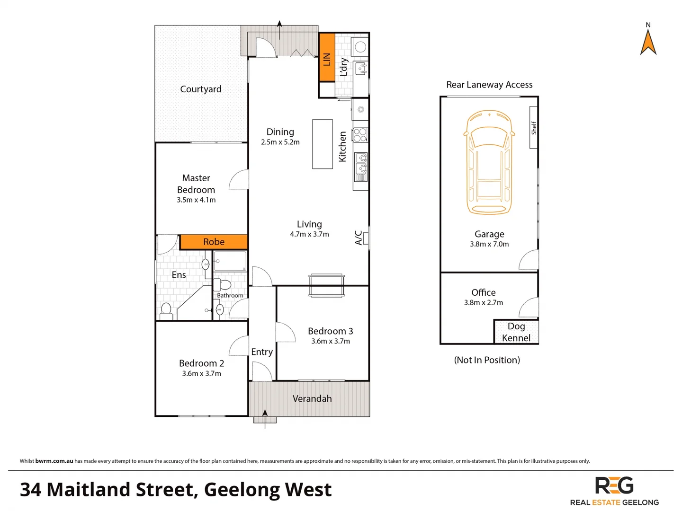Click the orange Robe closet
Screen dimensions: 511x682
pyautogui.click(x=214, y=242)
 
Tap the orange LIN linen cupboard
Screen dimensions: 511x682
pyautogui.click(x=327, y=58)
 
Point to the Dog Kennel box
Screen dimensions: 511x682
pyautogui.click(x=516, y=332)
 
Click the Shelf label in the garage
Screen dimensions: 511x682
pyautogui.click(x=534, y=128)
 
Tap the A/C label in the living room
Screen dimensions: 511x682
pyautogui.click(x=359, y=238)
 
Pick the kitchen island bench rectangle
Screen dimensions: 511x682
pyautogui.click(x=322, y=144)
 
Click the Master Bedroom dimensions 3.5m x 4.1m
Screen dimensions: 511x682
pyautogui.click(x=196, y=200)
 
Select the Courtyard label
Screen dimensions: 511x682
pyautogui.click(x=201, y=89)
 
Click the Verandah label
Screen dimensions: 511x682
pyautogui.click(x=312, y=398)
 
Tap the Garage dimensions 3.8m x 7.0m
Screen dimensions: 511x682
pyautogui.click(x=489, y=244)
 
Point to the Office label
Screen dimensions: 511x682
pyautogui.click(x=484, y=292)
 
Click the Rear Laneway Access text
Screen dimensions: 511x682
pyautogui.click(x=489, y=85)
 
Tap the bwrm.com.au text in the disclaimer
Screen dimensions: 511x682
pyautogui.click(x=54, y=461)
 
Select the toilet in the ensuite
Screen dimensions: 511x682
pyautogui.click(x=166, y=310)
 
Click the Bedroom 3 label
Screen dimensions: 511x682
pyautogui.click(x=331, y=331)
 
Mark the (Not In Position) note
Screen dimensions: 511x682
pyautogui.click(x=487, y=360)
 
